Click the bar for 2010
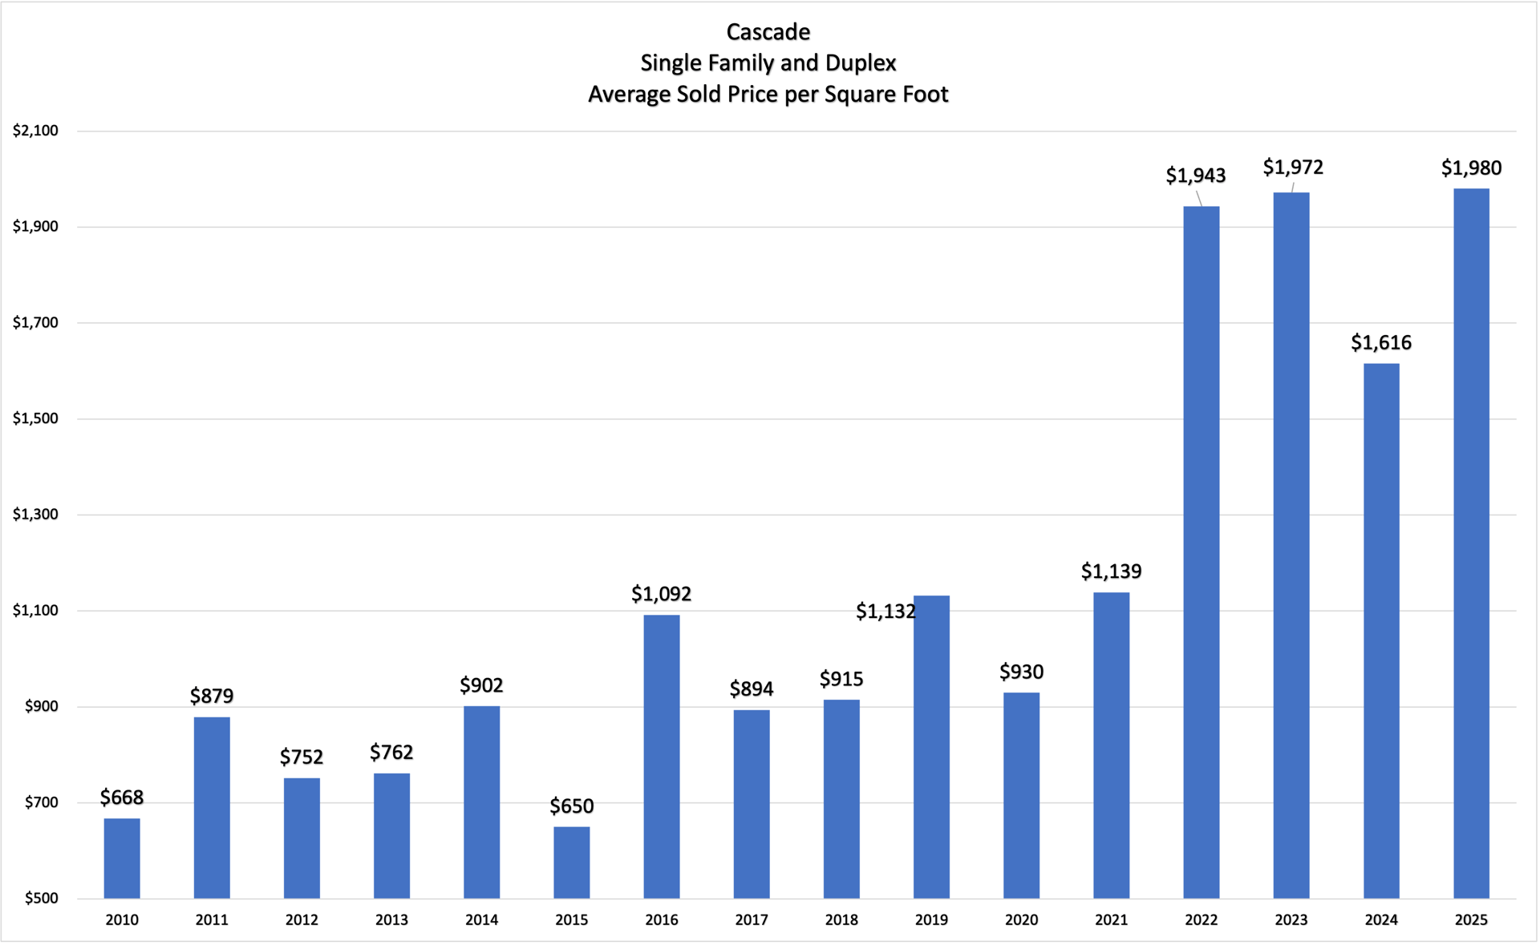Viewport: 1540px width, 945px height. click(122, 858)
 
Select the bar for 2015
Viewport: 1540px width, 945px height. click(572, 862)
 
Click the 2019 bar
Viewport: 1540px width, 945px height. click(931, 746)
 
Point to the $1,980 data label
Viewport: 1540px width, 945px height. click(1471, 168)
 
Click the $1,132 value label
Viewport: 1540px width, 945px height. click(885, 612)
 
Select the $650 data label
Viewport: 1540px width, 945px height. click(572, 806)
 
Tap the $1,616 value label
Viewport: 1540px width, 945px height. click(1381, 343)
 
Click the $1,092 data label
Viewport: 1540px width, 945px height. click(661, 594)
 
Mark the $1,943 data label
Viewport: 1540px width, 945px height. click(1196, 176)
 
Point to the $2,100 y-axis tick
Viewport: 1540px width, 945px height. click(35, 131)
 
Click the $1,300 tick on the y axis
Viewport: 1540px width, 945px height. click(35, 515)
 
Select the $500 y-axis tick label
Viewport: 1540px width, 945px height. click(41, 899)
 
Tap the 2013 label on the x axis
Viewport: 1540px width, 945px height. click(391, 920)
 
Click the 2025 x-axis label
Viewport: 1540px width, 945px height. click(1471, 920)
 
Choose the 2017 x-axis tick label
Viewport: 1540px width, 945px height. click(752, 920)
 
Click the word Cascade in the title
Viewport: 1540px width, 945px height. click(768, 32)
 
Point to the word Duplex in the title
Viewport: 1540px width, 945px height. click(861, 63)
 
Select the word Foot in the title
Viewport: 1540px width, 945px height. click(926, 95)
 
